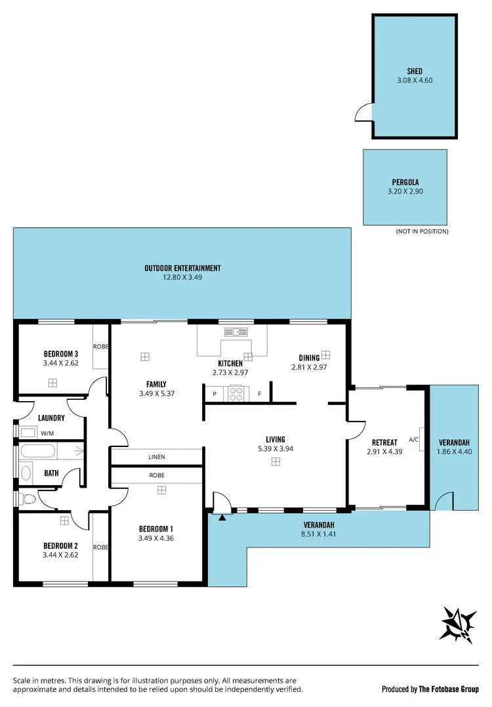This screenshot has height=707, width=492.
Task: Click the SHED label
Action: [415, 71]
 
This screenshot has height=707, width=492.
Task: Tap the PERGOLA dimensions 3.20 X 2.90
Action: [405, 192]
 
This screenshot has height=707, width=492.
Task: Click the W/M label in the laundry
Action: [48, 433]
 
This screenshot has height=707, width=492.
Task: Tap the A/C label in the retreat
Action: [413, 440]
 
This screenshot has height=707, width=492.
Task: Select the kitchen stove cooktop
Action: [236, 394]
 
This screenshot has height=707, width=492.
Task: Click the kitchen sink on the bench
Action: [234, 332]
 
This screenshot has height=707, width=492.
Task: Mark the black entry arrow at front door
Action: [222, 518]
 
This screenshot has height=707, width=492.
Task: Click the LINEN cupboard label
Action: [156, 457]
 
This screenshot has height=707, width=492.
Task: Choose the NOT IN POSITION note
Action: [422, 232]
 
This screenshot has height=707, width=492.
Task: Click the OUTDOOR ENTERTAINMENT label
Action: [182, 268]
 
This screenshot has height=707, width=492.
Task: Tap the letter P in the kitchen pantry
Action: [214, 395]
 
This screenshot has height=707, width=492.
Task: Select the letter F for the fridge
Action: [260, 395]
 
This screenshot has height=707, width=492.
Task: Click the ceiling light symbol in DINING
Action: [326, 354]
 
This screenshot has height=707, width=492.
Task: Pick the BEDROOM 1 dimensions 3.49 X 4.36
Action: [156, 538]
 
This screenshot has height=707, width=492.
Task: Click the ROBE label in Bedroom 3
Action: [101, 346]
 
